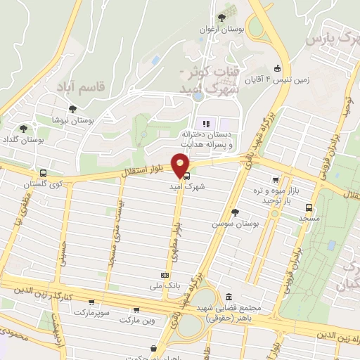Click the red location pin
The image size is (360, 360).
tap(181, 165)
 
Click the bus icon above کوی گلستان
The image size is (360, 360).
tap(44, 173)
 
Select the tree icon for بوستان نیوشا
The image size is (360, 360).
tap(72, 109)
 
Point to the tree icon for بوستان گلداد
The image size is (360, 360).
tap(24, 128)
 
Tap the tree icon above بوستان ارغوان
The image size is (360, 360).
tap(222, 18)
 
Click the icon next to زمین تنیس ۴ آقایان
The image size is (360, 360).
tap(278, 68)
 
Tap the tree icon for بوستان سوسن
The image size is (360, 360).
tap(235, 212)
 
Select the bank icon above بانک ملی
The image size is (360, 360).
tap(165, 275)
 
